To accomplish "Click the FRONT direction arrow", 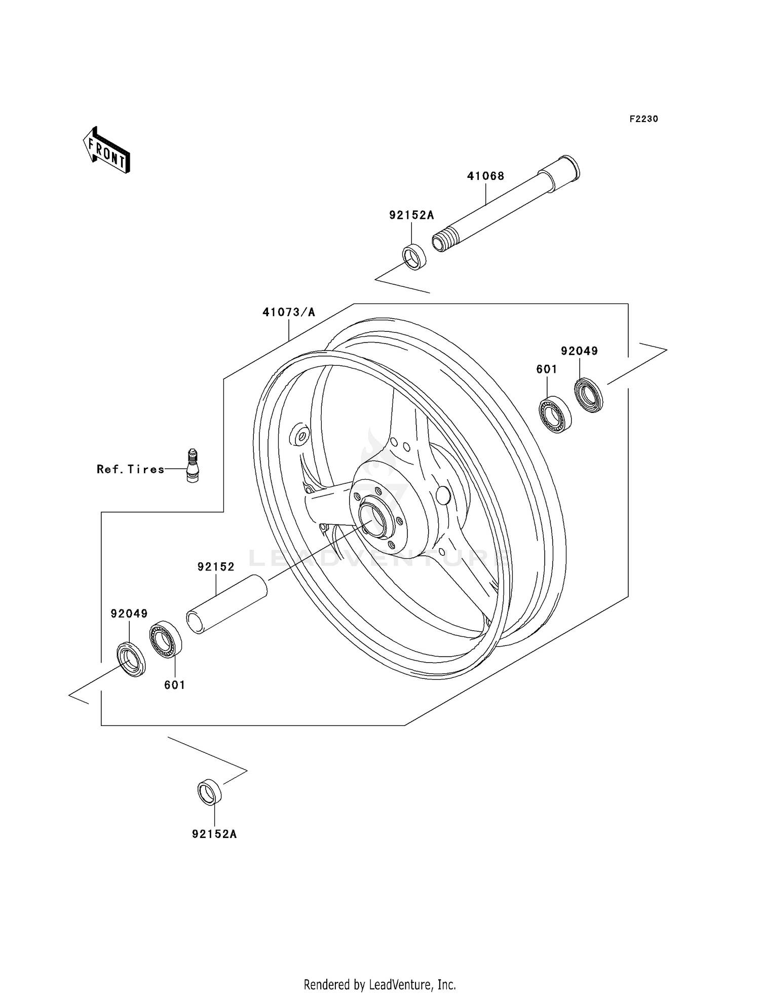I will click(x=107, y=150).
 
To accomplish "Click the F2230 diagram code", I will click(x=643, y=119).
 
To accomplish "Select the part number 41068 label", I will click(x=485, y=176).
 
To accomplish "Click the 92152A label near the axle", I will click(x=411, y=215).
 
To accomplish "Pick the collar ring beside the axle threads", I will click(x=414, y=257).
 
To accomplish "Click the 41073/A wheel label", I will click(x=288, y=313).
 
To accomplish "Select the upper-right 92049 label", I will click(x=579, y=351).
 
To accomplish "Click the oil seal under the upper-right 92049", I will click(x=589, y=395).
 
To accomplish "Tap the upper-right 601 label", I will click(x=547, y=370).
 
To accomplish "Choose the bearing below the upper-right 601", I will click(x=554, y=414).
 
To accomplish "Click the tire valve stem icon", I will click(x=193, y=465).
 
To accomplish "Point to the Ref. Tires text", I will click(x=131, y=470).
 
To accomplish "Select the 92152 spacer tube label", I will click(x=216, y=567).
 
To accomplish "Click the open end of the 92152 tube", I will click(x=195, y=623).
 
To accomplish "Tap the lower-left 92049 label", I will click(x=129, y=614).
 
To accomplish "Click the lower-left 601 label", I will click(x=174, y=685).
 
